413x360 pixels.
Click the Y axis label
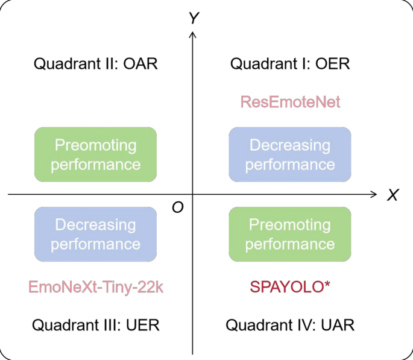(x=194, y=19)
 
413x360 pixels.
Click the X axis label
(x=393, y=195)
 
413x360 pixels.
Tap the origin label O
(x=177, y=207)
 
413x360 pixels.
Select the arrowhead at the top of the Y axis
(x=193, y=35)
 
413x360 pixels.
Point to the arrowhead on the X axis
(x=373, y=194)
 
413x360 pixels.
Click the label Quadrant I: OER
(x=290, y=64)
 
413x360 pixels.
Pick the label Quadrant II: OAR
(x=96, y=64)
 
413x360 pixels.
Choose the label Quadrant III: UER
(x=96, y=326)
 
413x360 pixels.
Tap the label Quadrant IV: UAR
(x=290, y=326)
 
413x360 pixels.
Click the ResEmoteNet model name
(x=290, y=102)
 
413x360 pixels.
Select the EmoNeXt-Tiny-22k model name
(x=96, y=287)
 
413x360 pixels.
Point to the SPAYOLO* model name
(x=290, y=287)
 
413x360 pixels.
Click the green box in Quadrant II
(x=96, y=154)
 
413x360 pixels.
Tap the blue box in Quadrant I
(x=290, y=154)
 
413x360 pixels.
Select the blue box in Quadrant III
(x=96, y=234)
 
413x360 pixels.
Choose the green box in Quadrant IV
(x=290, y=234)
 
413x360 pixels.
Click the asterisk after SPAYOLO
(x=327, y=285)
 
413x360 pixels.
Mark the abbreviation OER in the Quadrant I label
(x=334, y=64)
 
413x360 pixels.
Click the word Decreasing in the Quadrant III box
(x=96, y=225)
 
